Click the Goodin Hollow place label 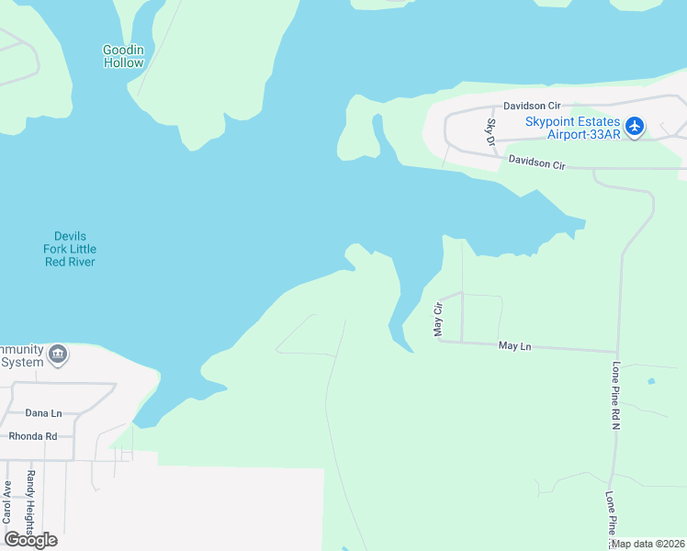tap(123, 56)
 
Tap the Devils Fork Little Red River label tap(70, 249)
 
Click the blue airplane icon tap(635, 126)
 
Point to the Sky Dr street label tap(491, 132)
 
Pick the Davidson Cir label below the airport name tap(536, 163)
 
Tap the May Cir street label tap(438, 320)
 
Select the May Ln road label tap(515, 346)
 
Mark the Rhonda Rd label tap(33, 436)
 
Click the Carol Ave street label tap(7, 501)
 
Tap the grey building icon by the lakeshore tap(58, 354)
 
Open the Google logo tap(30, 539)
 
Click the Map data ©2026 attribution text tap(648, 544)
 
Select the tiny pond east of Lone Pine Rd tap(651, 380)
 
